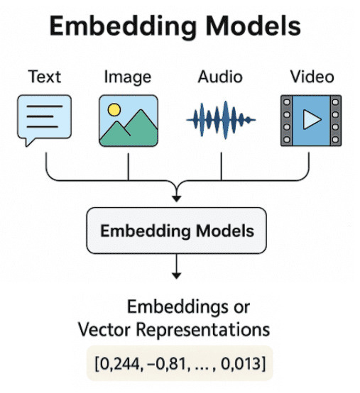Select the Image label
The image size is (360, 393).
click(128, 77)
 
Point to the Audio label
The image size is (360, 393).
click(221, 77)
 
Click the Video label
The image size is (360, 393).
click(310, 77)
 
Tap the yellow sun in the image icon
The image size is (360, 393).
click(114, 109)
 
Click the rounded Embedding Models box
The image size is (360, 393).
click(176, 231)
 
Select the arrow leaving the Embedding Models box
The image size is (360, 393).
click(176, 267)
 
